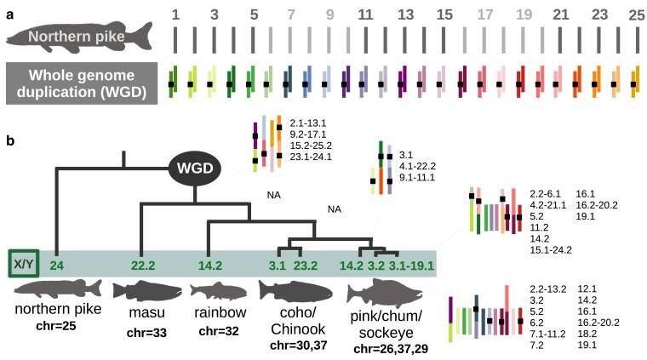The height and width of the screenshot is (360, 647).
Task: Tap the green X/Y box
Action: (x=25, y=264)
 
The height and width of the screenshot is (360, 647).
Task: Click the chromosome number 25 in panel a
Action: (x=634, y=15)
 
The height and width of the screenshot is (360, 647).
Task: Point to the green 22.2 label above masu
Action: (x=152, y=264)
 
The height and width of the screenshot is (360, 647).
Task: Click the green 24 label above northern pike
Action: (x=58, y=264)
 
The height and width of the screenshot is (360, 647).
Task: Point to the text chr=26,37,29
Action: (x=389, y=349)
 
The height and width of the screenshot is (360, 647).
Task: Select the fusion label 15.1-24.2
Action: (x=549, y=249)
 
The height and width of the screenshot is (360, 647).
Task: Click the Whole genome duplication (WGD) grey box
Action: (x=79, y=85)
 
